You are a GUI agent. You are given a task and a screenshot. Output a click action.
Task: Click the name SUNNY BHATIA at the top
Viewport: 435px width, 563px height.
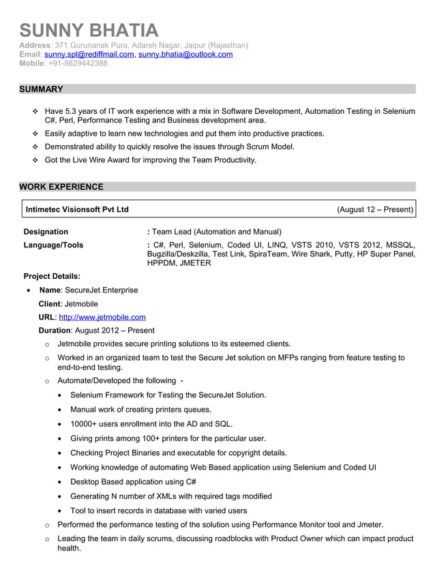coord(89,30)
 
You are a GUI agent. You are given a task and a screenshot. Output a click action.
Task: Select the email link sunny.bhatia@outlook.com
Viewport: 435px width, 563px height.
coord(185,55)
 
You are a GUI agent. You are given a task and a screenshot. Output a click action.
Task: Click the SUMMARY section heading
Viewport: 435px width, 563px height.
coord(41,89)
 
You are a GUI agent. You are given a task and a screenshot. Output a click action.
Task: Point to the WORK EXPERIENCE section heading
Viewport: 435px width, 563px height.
coord(61,187)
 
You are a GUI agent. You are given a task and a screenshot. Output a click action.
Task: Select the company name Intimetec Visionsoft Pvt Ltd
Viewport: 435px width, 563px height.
coord(76,209)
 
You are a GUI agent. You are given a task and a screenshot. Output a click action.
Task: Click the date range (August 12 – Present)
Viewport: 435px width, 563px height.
coord(374,209)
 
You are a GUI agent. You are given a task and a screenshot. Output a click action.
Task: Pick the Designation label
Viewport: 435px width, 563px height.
coord(46,232)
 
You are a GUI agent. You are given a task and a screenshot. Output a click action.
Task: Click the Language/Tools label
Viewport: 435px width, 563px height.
coord(53,245)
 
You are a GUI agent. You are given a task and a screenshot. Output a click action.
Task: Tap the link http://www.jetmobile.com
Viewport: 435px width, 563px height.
coord(102,317)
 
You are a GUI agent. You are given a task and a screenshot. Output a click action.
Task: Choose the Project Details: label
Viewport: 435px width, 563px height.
coord(52,276)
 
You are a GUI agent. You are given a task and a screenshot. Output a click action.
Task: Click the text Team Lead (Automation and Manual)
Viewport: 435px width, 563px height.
coord(217,232)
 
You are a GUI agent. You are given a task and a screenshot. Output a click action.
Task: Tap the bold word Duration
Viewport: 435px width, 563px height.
coord(55,331)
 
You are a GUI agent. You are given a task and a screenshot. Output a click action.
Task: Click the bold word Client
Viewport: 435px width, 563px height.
coord(50,303)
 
